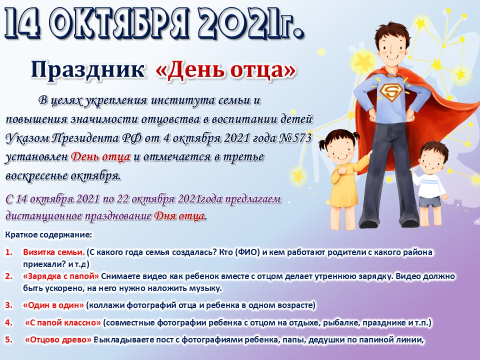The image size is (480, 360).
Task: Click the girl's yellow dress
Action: [x=346, y=186]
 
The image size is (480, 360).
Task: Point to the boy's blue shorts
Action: [x=429, y=201]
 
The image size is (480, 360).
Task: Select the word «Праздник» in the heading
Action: [x=87, y=69]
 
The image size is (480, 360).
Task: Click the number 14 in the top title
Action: [x=22, y=23]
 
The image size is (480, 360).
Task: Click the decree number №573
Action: [x=295, y=138]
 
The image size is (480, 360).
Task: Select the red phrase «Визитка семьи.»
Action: [x=54, y=252]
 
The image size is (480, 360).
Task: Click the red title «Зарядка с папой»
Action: [x=61, y=276]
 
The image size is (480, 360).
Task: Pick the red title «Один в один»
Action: [x=53, y=305]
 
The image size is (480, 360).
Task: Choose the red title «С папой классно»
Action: [x=63, y=322]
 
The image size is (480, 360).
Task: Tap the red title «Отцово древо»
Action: [x=58, y=340]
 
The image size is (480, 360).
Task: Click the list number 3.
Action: [x=8, y=305]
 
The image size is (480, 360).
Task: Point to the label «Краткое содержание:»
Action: [x=48, y=235]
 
